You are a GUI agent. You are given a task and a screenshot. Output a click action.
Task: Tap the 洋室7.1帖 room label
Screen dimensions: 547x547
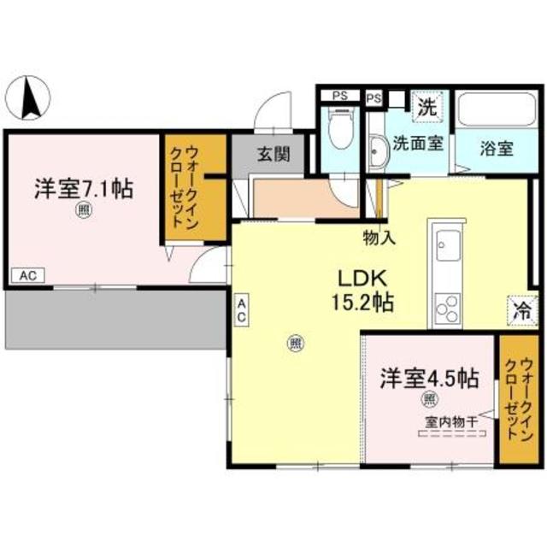pos(83,189)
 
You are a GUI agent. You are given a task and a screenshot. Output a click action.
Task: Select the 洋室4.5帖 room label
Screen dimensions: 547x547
pos(428,378)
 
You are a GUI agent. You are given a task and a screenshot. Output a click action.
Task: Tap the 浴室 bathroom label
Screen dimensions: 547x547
pos(496,149)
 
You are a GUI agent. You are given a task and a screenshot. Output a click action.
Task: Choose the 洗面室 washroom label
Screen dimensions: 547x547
pos(418,143)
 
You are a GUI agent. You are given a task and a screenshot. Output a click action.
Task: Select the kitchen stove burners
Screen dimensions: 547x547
pos(447,307)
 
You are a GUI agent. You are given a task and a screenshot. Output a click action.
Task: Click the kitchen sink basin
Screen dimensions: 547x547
pos(449,246)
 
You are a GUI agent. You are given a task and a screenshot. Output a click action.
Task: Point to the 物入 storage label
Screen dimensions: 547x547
pos(379,238)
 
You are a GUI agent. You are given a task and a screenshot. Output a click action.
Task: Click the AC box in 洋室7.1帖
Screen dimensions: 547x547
pos(27,276)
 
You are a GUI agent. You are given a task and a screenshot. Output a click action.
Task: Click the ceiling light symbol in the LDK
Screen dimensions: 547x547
pos(295,344)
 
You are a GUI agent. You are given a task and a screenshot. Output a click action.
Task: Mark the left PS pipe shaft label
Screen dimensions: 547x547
pos(339,96)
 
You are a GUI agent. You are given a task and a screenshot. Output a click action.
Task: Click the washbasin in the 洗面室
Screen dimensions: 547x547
pos(377,154)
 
